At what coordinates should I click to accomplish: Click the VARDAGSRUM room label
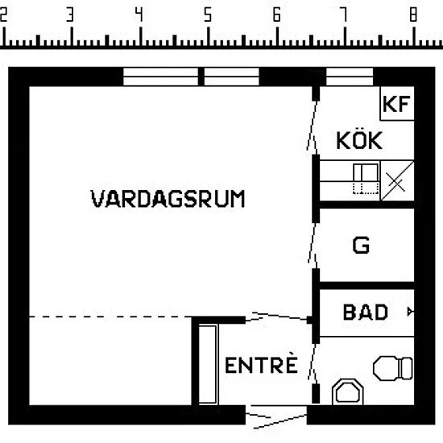tap(168, 199)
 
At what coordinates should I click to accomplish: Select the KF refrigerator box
tap(397, 103)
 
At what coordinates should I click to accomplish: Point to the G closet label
tap(361, 245)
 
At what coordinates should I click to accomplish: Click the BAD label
tap(366, 313)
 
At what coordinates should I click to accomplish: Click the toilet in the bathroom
tap(393, 368)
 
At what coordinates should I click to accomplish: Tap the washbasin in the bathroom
tap(348, 392)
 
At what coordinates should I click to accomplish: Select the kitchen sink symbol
tap(366, 179)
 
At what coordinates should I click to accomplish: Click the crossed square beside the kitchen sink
tap(397, 180)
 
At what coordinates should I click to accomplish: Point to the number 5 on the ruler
tap(208, 14)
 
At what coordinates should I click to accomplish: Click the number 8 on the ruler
tap(413, 14)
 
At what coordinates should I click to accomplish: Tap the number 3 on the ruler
tap(70, 14)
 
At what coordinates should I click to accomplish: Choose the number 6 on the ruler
tap(276, 14)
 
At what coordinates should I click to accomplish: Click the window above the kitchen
tap(350, 77)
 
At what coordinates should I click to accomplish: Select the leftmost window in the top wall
tap(160, 77)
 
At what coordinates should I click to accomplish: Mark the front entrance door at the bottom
tap(276, 416)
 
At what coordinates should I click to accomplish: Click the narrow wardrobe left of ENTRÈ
tap(208, 365)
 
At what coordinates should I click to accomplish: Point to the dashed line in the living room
tap(110, 317)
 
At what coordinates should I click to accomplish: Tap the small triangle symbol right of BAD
tap(411, 312)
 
